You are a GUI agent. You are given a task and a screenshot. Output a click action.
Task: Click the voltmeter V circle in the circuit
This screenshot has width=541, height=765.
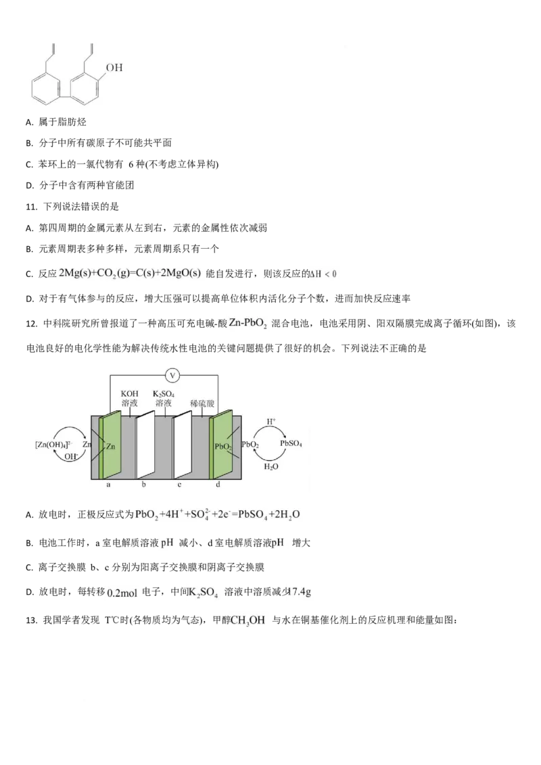172,375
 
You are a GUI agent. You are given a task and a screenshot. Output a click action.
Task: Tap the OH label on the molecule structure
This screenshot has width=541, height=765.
114,68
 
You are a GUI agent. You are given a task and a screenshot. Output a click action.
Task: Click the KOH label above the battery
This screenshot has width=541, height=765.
129,393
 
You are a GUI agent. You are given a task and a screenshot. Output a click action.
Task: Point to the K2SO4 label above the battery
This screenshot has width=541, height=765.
164,394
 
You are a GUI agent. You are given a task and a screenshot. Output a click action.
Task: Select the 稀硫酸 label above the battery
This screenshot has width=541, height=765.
202,403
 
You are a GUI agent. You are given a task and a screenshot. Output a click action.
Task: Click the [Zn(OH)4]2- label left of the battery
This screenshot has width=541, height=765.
53,445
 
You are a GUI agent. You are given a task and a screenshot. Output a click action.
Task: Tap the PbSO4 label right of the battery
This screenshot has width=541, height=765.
291,443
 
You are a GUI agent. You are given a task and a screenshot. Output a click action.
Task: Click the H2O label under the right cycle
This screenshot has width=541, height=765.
271,466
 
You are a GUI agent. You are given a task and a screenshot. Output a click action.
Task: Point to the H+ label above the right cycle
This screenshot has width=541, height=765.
271,421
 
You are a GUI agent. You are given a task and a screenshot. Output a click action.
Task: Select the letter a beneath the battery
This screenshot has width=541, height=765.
108,485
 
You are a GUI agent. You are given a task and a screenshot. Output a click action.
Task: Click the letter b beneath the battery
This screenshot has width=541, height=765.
143,485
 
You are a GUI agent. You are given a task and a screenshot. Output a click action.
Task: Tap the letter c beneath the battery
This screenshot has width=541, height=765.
179,485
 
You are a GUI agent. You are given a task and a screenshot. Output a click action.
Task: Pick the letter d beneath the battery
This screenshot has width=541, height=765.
218,485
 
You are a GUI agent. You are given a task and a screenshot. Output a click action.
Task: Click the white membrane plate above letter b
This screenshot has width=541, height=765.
145,445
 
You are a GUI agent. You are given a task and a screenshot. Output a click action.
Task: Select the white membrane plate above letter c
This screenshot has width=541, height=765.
182,445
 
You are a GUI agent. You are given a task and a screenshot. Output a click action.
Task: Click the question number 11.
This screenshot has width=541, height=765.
31,207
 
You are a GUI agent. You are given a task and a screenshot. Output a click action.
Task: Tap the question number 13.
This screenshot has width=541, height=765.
31,620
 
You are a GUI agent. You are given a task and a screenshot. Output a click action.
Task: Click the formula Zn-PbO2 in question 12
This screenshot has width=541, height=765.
248,324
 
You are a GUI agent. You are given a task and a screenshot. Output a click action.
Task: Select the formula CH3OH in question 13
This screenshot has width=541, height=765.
248,620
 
